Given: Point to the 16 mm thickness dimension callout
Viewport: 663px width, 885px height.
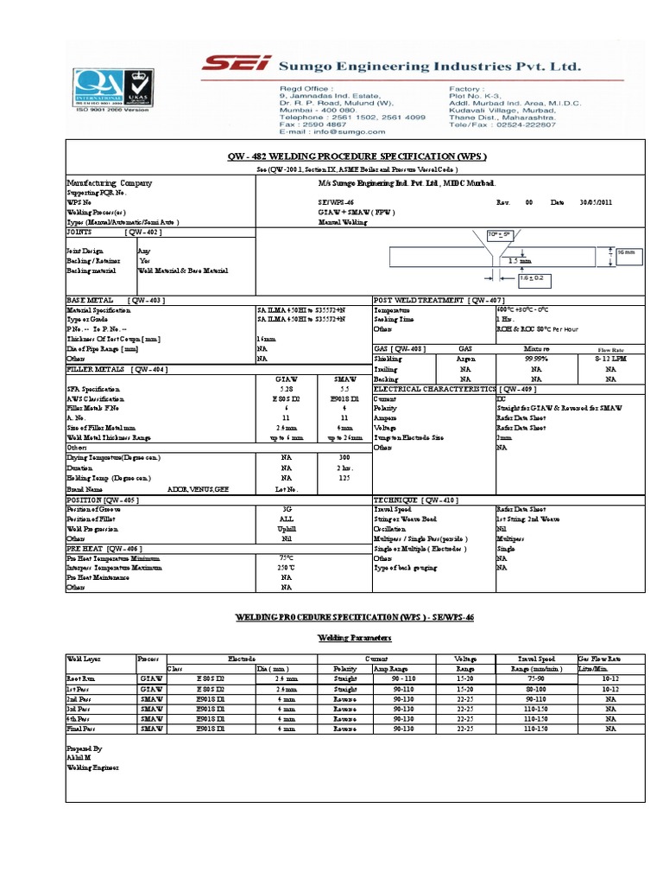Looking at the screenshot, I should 625,253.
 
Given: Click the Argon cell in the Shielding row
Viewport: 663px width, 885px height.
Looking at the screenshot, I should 465,358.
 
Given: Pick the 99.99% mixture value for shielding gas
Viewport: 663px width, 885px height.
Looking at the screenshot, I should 539,358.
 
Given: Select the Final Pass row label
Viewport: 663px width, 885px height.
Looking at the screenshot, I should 82,729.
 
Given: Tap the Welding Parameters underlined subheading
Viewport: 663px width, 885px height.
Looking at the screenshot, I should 332,637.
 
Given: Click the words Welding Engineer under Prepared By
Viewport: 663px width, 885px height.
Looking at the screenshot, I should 94,767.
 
